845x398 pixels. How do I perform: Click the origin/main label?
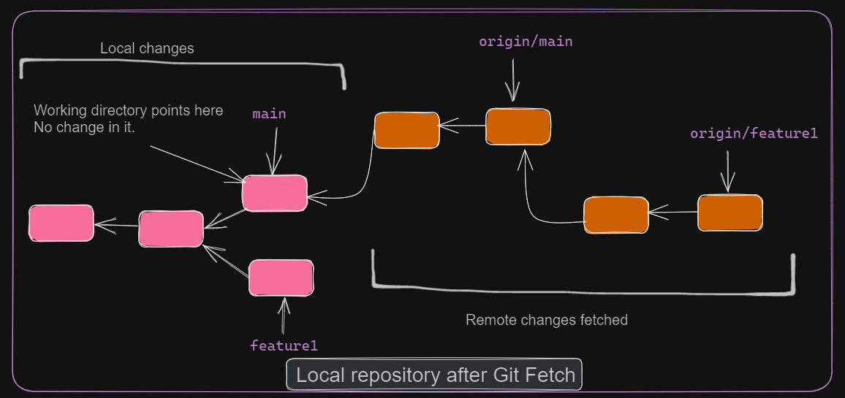coord(526,42)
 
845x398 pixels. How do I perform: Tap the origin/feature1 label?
coord(754,134)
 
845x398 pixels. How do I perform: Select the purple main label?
coord(269,114)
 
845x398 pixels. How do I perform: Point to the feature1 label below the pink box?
coord(284,345)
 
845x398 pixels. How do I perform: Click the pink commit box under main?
coord(274,194)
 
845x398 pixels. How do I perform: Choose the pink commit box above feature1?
coord(281,278)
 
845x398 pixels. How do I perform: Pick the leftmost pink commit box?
coord(61,223)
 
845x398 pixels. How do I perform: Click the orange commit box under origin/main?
coord(518,126)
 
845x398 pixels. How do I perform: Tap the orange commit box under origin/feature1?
coord(730,213)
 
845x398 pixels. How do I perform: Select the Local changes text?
coord(147,49)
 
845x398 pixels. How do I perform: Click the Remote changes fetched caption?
coord(546,320)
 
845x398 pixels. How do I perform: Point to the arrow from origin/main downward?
coord(513,80)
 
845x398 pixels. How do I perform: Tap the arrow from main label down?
coord(275,150)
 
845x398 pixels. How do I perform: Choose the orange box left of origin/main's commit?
coord(406,131)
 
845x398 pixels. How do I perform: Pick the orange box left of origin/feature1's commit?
coord(615,215)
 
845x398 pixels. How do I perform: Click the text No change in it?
coord(89,129)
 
